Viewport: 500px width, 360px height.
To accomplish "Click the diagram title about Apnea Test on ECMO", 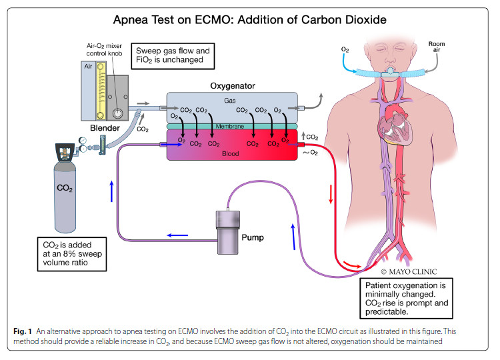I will (x=249, y=20).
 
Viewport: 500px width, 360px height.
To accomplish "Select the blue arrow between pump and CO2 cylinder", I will (x=176, y=234).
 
